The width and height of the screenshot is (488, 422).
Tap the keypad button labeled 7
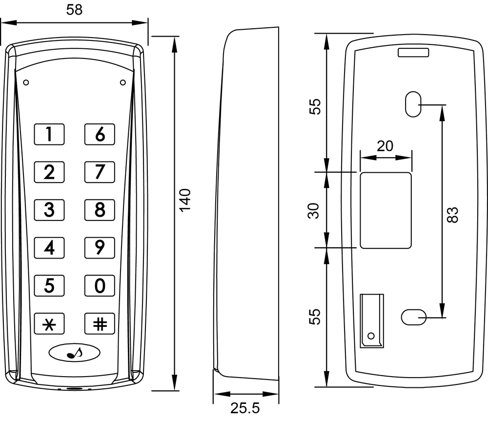click(x=100, y=172)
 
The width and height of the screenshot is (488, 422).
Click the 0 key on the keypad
click(x=100, y=285)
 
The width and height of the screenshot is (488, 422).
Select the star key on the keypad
click(x=49, y=323)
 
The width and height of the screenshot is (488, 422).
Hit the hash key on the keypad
click(x=100, y=323)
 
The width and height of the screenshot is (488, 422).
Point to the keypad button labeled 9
click(x=100, y=247)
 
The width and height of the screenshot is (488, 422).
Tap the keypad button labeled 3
click(x=49, y=210)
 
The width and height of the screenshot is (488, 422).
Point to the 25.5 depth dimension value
click(x=245, y=408)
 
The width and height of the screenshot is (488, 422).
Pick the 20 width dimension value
click(x=385, y=146)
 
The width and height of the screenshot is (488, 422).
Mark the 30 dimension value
click(x=315, y=210)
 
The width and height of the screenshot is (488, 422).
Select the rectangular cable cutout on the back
click(x=386, y=210)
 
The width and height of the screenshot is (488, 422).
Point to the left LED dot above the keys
click(x=26, y=82)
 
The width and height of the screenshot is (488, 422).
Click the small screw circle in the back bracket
click(x=371, y=336)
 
